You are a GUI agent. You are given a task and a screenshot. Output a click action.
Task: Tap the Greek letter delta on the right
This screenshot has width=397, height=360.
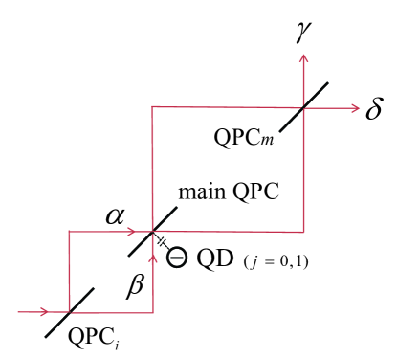pos(374,107)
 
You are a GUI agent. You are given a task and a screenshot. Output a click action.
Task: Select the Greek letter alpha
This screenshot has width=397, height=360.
pos(113,216)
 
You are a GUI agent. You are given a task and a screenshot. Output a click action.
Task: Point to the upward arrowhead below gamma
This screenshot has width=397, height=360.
pos(304,59)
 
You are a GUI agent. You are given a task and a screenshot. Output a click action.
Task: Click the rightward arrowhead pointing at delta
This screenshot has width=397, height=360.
pos(349,106)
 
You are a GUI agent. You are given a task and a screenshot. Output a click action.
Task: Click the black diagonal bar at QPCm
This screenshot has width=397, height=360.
pos(303,106)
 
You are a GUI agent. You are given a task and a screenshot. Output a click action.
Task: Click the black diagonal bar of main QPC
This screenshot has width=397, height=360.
pos(152,231)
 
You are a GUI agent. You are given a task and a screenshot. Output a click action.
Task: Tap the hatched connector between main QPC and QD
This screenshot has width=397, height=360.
pos(164,243)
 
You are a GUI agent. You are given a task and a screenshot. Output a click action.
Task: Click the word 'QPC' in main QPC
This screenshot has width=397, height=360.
pos(251,190)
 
